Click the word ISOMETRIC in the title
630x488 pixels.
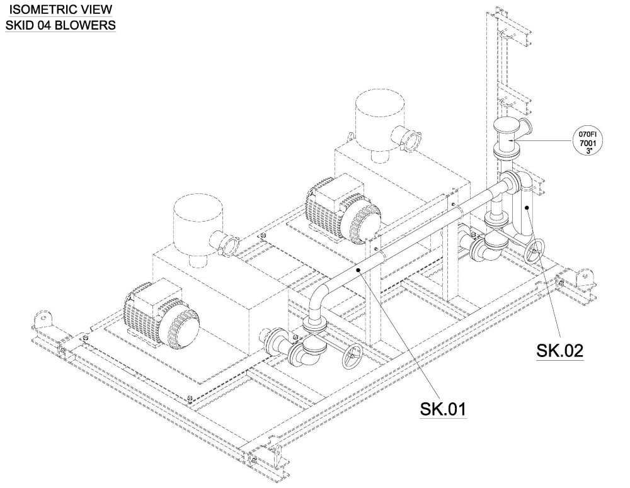39,10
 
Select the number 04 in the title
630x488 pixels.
50,25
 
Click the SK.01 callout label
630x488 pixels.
443,409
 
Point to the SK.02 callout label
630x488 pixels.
559,350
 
